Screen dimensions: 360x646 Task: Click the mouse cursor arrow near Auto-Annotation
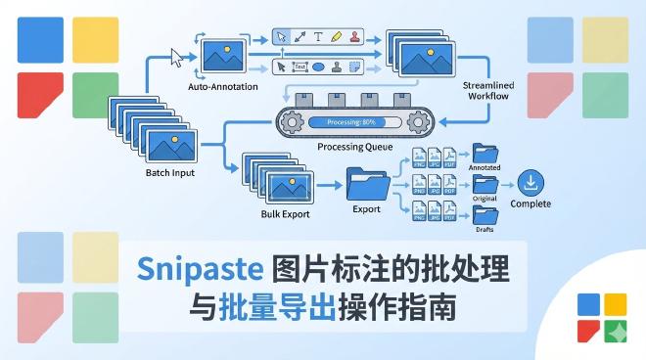(177, 57)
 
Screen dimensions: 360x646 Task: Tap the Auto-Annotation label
(222, 87)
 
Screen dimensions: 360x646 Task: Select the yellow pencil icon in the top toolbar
(336, 37)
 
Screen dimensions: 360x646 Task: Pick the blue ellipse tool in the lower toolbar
(318, 67)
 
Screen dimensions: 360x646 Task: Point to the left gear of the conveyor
(290, 122)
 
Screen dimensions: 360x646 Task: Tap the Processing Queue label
(355, 147)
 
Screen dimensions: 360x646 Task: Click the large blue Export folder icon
(368, 183)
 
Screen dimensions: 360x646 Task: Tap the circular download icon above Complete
(531, 182)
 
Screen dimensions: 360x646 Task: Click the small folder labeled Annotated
(484, 153)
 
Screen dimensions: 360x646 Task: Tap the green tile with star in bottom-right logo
(615, 331)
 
